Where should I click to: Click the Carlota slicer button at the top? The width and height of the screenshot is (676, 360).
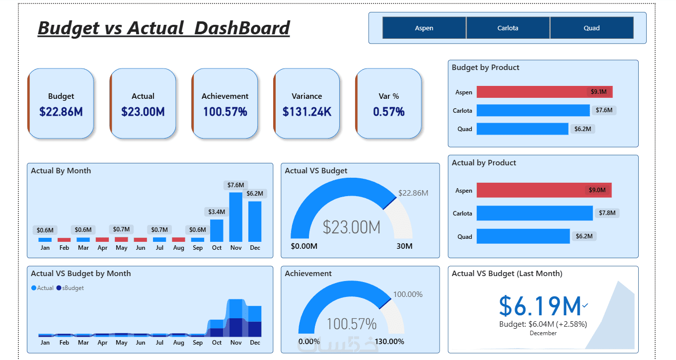(x=508, y=28)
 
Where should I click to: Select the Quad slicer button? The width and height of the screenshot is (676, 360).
(x=592, y=28)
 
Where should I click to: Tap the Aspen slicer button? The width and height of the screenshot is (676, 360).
(x=424, y=28)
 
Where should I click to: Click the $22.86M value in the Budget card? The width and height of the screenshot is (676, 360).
(x=61, y=112)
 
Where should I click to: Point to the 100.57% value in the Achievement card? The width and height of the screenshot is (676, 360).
(x=225, y=112)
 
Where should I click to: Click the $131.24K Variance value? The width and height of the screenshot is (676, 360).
(x=307, y=112)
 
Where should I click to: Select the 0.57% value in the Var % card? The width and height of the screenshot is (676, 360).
(x=389, y=112)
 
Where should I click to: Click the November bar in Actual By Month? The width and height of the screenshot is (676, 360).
(x=235, y=216)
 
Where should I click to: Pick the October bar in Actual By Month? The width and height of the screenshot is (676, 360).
(x=217, y=230)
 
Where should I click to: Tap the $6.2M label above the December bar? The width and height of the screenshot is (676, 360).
(x=255, y=193)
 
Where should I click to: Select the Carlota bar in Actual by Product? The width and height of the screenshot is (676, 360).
(x=534, y=213)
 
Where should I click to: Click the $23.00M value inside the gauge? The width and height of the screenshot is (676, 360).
(x=351, y=227)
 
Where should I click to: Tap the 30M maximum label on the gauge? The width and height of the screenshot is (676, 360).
(x=404, y=247)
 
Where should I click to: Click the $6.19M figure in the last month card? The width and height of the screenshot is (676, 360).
(x=540, y=306)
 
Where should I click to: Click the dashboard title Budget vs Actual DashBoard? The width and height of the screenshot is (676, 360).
(x=163, y=28)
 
